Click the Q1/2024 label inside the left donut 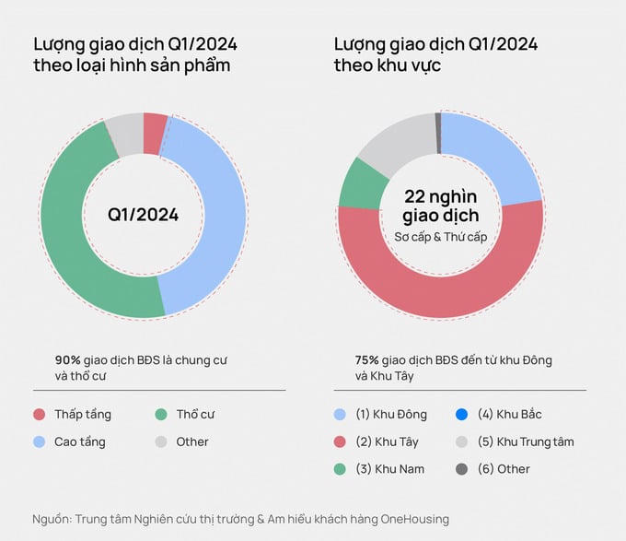[x=143, y=215]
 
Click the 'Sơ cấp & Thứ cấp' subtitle [x=440, y=238]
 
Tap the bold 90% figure [x=68, y=360]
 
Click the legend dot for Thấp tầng [x=39, y=415]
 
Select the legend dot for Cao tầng [x=39, y=441]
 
